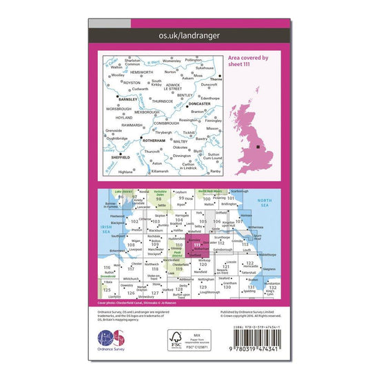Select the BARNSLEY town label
coord(129,99)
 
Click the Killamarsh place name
coord(159,170)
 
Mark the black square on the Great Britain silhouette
coord(258,147)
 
